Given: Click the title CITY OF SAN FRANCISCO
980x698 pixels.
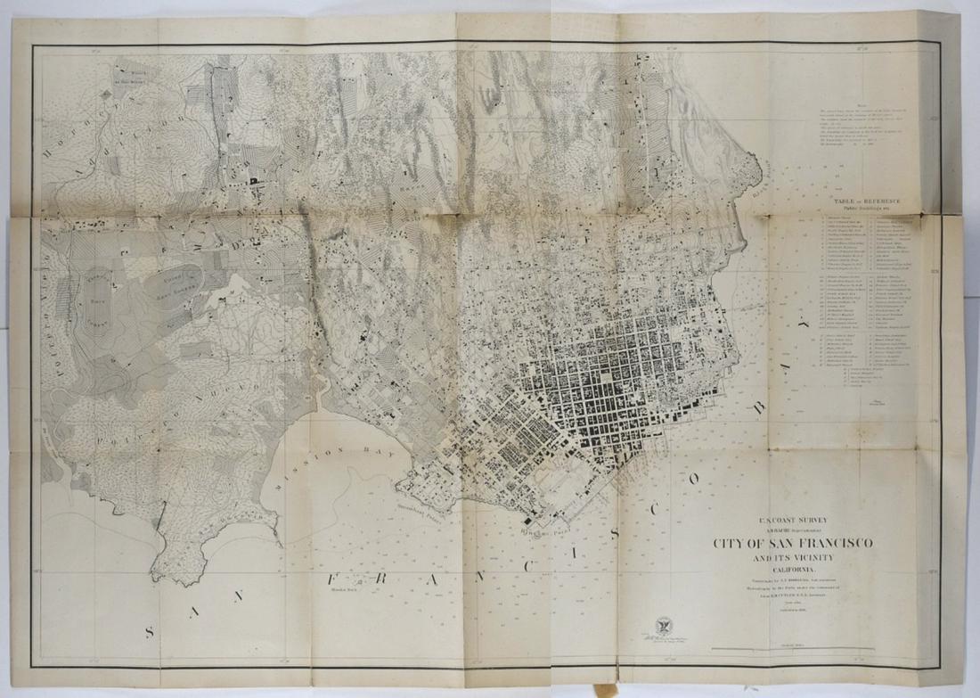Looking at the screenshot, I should [792, 543].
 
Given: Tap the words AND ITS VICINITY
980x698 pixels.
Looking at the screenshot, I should [792, 559].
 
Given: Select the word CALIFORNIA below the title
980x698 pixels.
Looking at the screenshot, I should [792, 571].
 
